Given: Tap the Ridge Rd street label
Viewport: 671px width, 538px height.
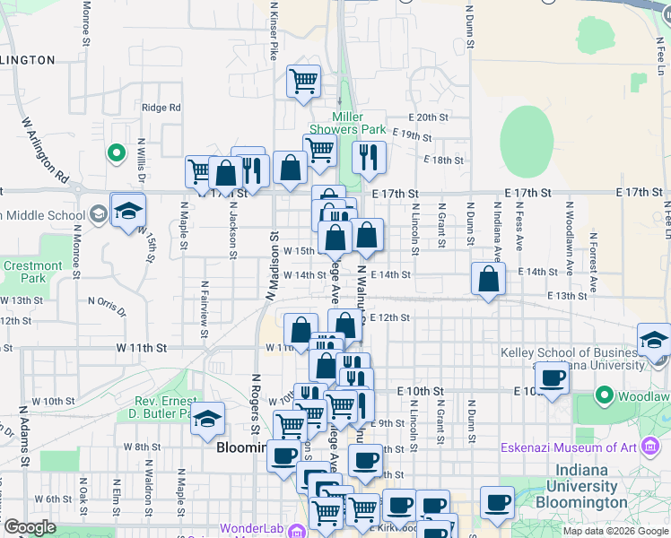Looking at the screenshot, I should tap(161, 108).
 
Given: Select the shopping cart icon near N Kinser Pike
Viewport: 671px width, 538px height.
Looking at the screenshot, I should tap(303, 81).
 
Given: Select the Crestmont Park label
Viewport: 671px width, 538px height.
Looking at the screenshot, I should tap(33, 272).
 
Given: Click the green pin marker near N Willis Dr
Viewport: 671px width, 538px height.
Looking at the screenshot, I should tap(116, 153).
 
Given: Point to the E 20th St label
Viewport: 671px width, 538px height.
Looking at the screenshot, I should tap(427, 117).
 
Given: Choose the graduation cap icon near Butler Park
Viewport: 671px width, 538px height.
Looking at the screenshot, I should tap(208, 419).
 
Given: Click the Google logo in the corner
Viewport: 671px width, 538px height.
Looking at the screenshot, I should tap(30, 527).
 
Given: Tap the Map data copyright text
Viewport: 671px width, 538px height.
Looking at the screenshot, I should tap(614, 530).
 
